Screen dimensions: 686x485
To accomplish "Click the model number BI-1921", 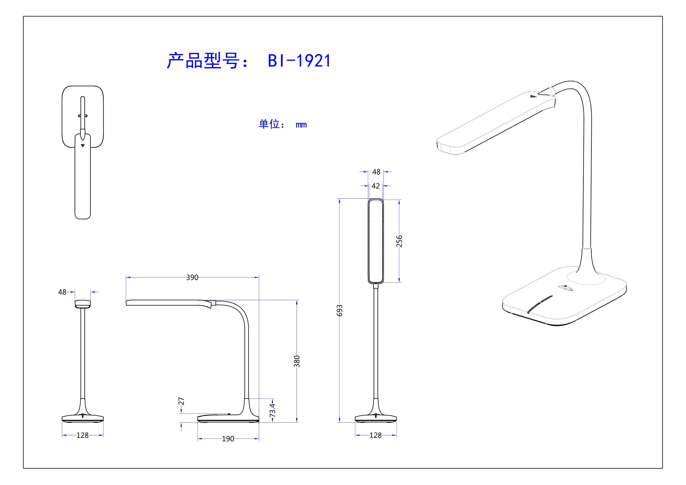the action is (299, 61).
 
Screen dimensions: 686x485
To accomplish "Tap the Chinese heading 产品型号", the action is (203, 61).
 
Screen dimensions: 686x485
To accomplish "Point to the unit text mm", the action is (301, 125).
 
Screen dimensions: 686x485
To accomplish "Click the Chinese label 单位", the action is (269, 124).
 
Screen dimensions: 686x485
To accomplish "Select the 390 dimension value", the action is (192, 278).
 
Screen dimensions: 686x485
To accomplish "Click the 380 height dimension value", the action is (297, 361).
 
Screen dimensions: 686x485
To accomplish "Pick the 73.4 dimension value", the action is (272, 410).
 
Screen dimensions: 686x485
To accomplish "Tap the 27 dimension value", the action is (181, 401).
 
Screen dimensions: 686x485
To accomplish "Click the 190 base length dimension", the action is (228, 439).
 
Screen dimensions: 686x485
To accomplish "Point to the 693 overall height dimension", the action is (339, 311).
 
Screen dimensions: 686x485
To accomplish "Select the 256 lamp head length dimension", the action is (399, 241).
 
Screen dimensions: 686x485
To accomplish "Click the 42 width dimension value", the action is (376, 186).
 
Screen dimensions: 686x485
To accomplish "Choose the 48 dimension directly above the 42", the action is (376, 172).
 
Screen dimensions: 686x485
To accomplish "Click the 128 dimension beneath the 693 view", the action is (376, 436).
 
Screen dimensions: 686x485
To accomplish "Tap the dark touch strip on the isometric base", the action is (540, 305).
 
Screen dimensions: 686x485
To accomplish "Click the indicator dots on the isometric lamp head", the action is (533, 97).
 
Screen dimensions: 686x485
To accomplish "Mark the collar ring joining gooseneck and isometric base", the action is (587, 247).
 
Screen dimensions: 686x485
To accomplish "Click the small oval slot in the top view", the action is (83, 116).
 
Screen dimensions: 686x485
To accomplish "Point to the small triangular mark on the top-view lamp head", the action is (83, 146).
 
